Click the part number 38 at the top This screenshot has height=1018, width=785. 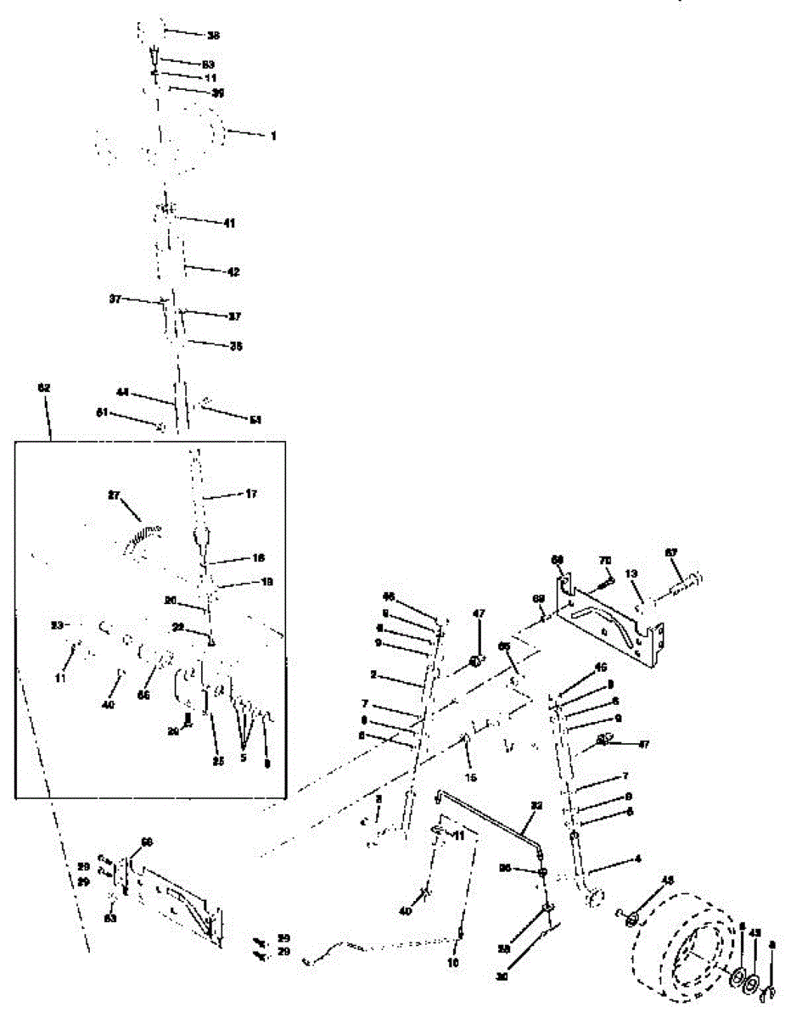(213, 35)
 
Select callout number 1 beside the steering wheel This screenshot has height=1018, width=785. (273, 135)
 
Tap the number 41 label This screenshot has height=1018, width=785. (229, 222)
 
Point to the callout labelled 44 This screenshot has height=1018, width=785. (123, 393)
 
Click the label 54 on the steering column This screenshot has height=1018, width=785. (255, 420)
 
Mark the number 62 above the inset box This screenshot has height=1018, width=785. (45, 387)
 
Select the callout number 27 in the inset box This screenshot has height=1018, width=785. (115, 495)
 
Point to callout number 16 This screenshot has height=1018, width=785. (235, 558)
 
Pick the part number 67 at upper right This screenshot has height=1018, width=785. (670, 553)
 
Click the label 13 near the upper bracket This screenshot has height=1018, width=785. (631, 573)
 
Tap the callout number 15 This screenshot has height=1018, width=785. (471, 776)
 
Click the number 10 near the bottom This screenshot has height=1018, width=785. (452, 963)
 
